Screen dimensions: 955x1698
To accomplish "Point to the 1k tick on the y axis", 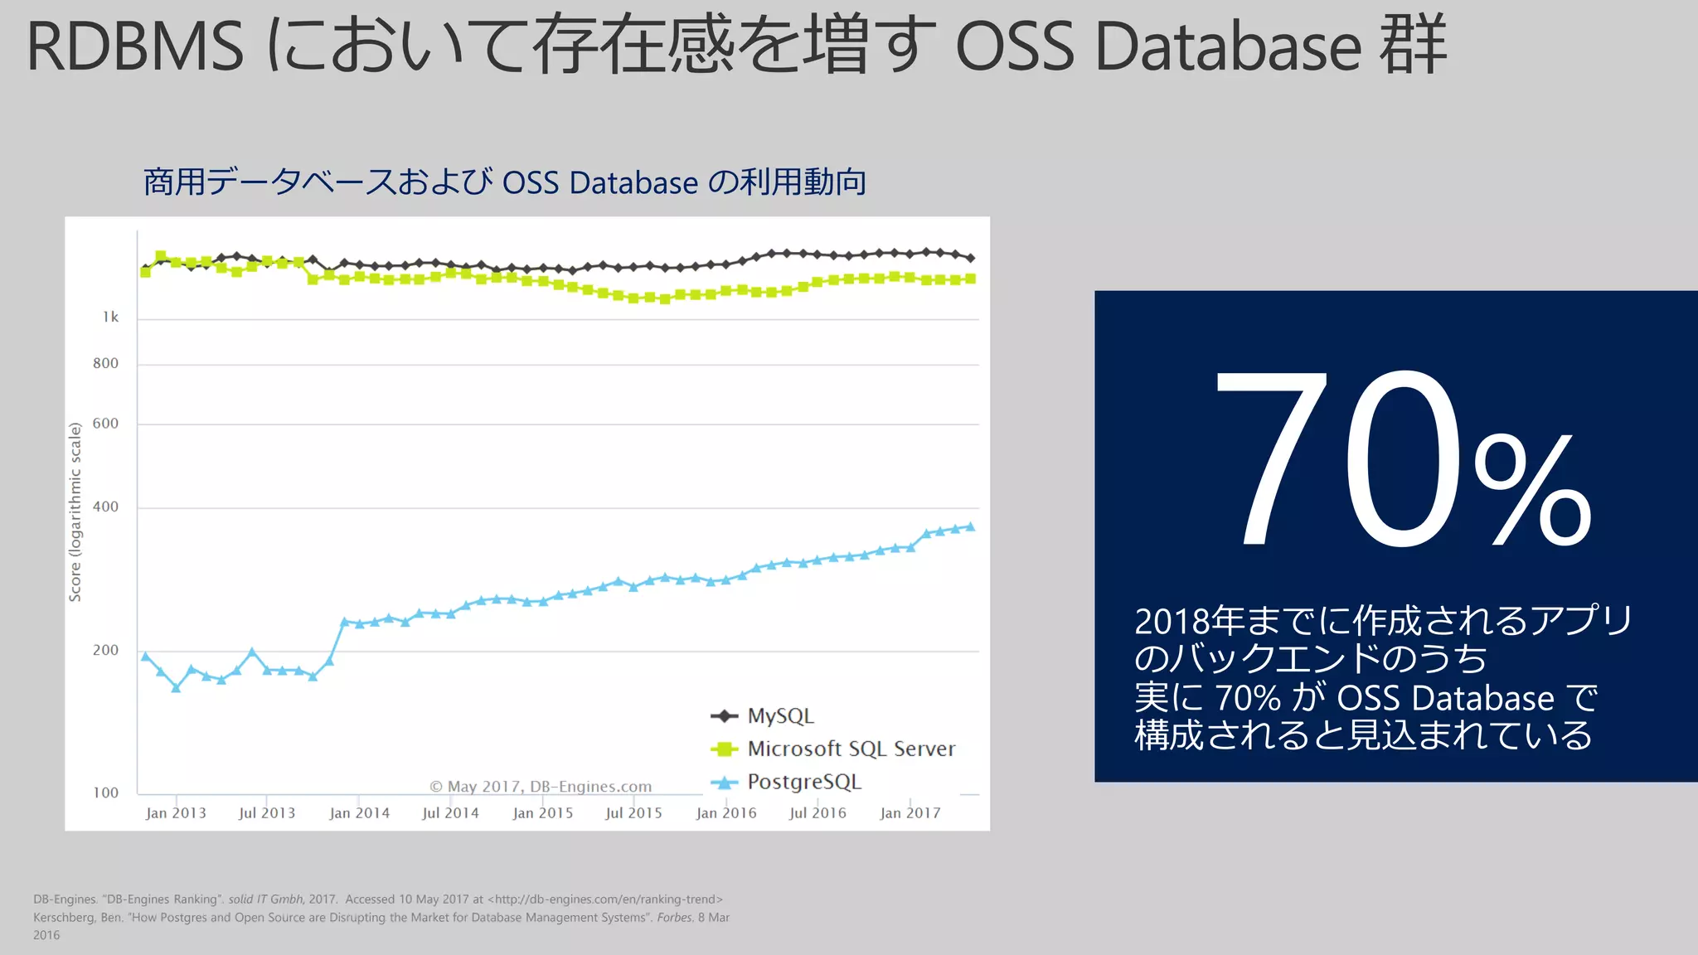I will [110, 318].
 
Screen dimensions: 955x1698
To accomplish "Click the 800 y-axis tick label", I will [105, 363].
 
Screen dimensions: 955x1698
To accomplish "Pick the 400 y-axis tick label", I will [105, 507].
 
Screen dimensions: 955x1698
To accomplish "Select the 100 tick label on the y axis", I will [105, 793].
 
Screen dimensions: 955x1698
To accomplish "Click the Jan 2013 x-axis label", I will [176, 813].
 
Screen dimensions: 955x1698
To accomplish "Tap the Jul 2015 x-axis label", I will [633, 813].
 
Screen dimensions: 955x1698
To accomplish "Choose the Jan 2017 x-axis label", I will [910, 813].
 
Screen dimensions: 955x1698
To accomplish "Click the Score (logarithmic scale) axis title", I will [75, 511].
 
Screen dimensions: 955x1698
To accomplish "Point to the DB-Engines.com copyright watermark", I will [541, 787].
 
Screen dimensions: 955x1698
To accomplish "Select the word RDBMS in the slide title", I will [135, 46].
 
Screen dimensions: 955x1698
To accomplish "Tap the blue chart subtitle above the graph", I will [504, 182].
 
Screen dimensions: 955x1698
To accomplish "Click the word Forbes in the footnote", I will [674, 918].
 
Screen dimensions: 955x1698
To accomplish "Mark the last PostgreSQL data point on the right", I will [970, 527].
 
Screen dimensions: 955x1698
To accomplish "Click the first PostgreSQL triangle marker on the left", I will [146, 657].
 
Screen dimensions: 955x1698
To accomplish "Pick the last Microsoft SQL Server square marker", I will [970, 279].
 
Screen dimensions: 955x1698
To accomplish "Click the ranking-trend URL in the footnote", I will [605, 899].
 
